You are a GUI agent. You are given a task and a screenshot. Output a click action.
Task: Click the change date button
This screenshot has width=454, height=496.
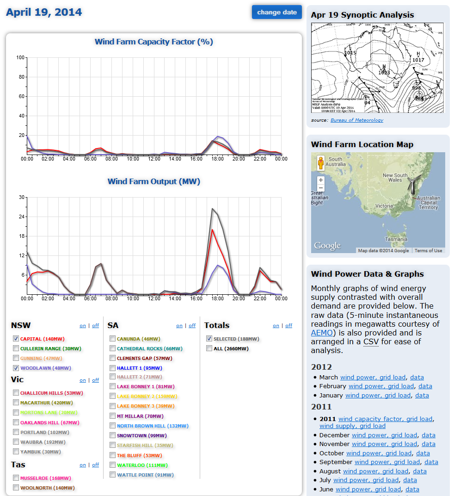point(276,12)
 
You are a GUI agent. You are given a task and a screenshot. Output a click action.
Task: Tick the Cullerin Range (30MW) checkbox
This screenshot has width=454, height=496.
point(16,348)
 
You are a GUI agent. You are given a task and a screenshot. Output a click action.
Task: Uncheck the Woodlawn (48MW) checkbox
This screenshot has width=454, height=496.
point(16,368)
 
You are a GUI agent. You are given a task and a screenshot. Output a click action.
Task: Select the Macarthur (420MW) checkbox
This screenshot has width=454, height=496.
point(16,403)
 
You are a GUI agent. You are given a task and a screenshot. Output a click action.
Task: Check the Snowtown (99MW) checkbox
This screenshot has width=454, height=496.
point(113,435)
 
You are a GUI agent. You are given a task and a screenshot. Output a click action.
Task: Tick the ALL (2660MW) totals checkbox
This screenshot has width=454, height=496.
point(209,348)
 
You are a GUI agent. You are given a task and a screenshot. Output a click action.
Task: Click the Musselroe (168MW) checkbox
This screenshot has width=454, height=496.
point(16,478)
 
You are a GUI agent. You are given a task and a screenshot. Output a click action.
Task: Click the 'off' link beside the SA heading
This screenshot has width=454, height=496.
point(192,326)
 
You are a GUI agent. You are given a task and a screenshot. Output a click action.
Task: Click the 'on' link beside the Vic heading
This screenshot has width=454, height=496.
point(83,380)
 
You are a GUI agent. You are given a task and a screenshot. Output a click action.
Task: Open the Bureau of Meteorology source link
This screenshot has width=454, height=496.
point(356,120)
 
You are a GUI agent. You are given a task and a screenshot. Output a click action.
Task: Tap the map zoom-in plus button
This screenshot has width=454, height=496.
point(321,180)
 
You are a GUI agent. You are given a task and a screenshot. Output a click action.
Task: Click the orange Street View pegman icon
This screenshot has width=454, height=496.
point(320,164)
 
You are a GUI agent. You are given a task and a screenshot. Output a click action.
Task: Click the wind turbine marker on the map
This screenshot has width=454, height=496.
point(411,184)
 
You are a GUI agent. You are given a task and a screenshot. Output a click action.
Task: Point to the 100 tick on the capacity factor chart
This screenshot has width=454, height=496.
point(20,58)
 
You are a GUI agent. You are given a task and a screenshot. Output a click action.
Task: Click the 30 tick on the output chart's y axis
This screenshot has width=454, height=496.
point(21,198)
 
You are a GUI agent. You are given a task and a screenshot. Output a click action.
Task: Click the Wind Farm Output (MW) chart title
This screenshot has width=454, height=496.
point(153,181)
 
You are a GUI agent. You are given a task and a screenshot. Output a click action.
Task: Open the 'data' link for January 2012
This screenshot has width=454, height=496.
point(422,395)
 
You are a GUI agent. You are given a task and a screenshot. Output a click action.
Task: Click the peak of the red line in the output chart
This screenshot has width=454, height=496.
point(212,229)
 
